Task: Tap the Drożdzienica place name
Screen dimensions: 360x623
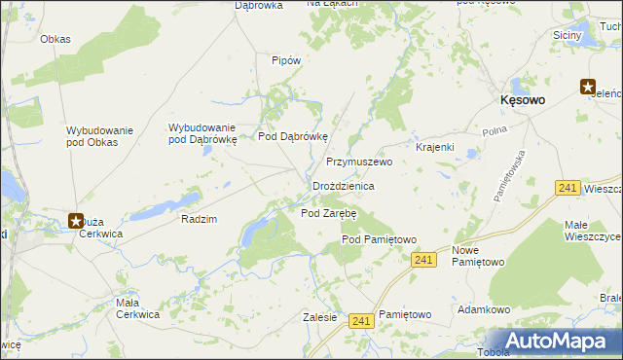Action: pos(344,185)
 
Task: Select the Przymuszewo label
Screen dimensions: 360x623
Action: pos(358,162)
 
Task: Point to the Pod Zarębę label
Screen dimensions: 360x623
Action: pos(329,212)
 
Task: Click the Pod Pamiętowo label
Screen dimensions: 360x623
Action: pos(379,239)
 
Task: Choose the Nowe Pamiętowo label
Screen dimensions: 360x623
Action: pos(478,256)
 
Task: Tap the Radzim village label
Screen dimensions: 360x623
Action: pos(199,219)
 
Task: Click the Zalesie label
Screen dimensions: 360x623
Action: pos(319,316)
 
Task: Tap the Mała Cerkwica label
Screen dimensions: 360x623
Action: pos(137,307)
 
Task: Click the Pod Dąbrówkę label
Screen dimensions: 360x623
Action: pos(294,136)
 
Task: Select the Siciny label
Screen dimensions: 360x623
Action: pos(568,35)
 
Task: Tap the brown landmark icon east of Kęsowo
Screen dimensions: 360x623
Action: pos(589,87)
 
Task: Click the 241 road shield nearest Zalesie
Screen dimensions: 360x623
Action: pos(361,320)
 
